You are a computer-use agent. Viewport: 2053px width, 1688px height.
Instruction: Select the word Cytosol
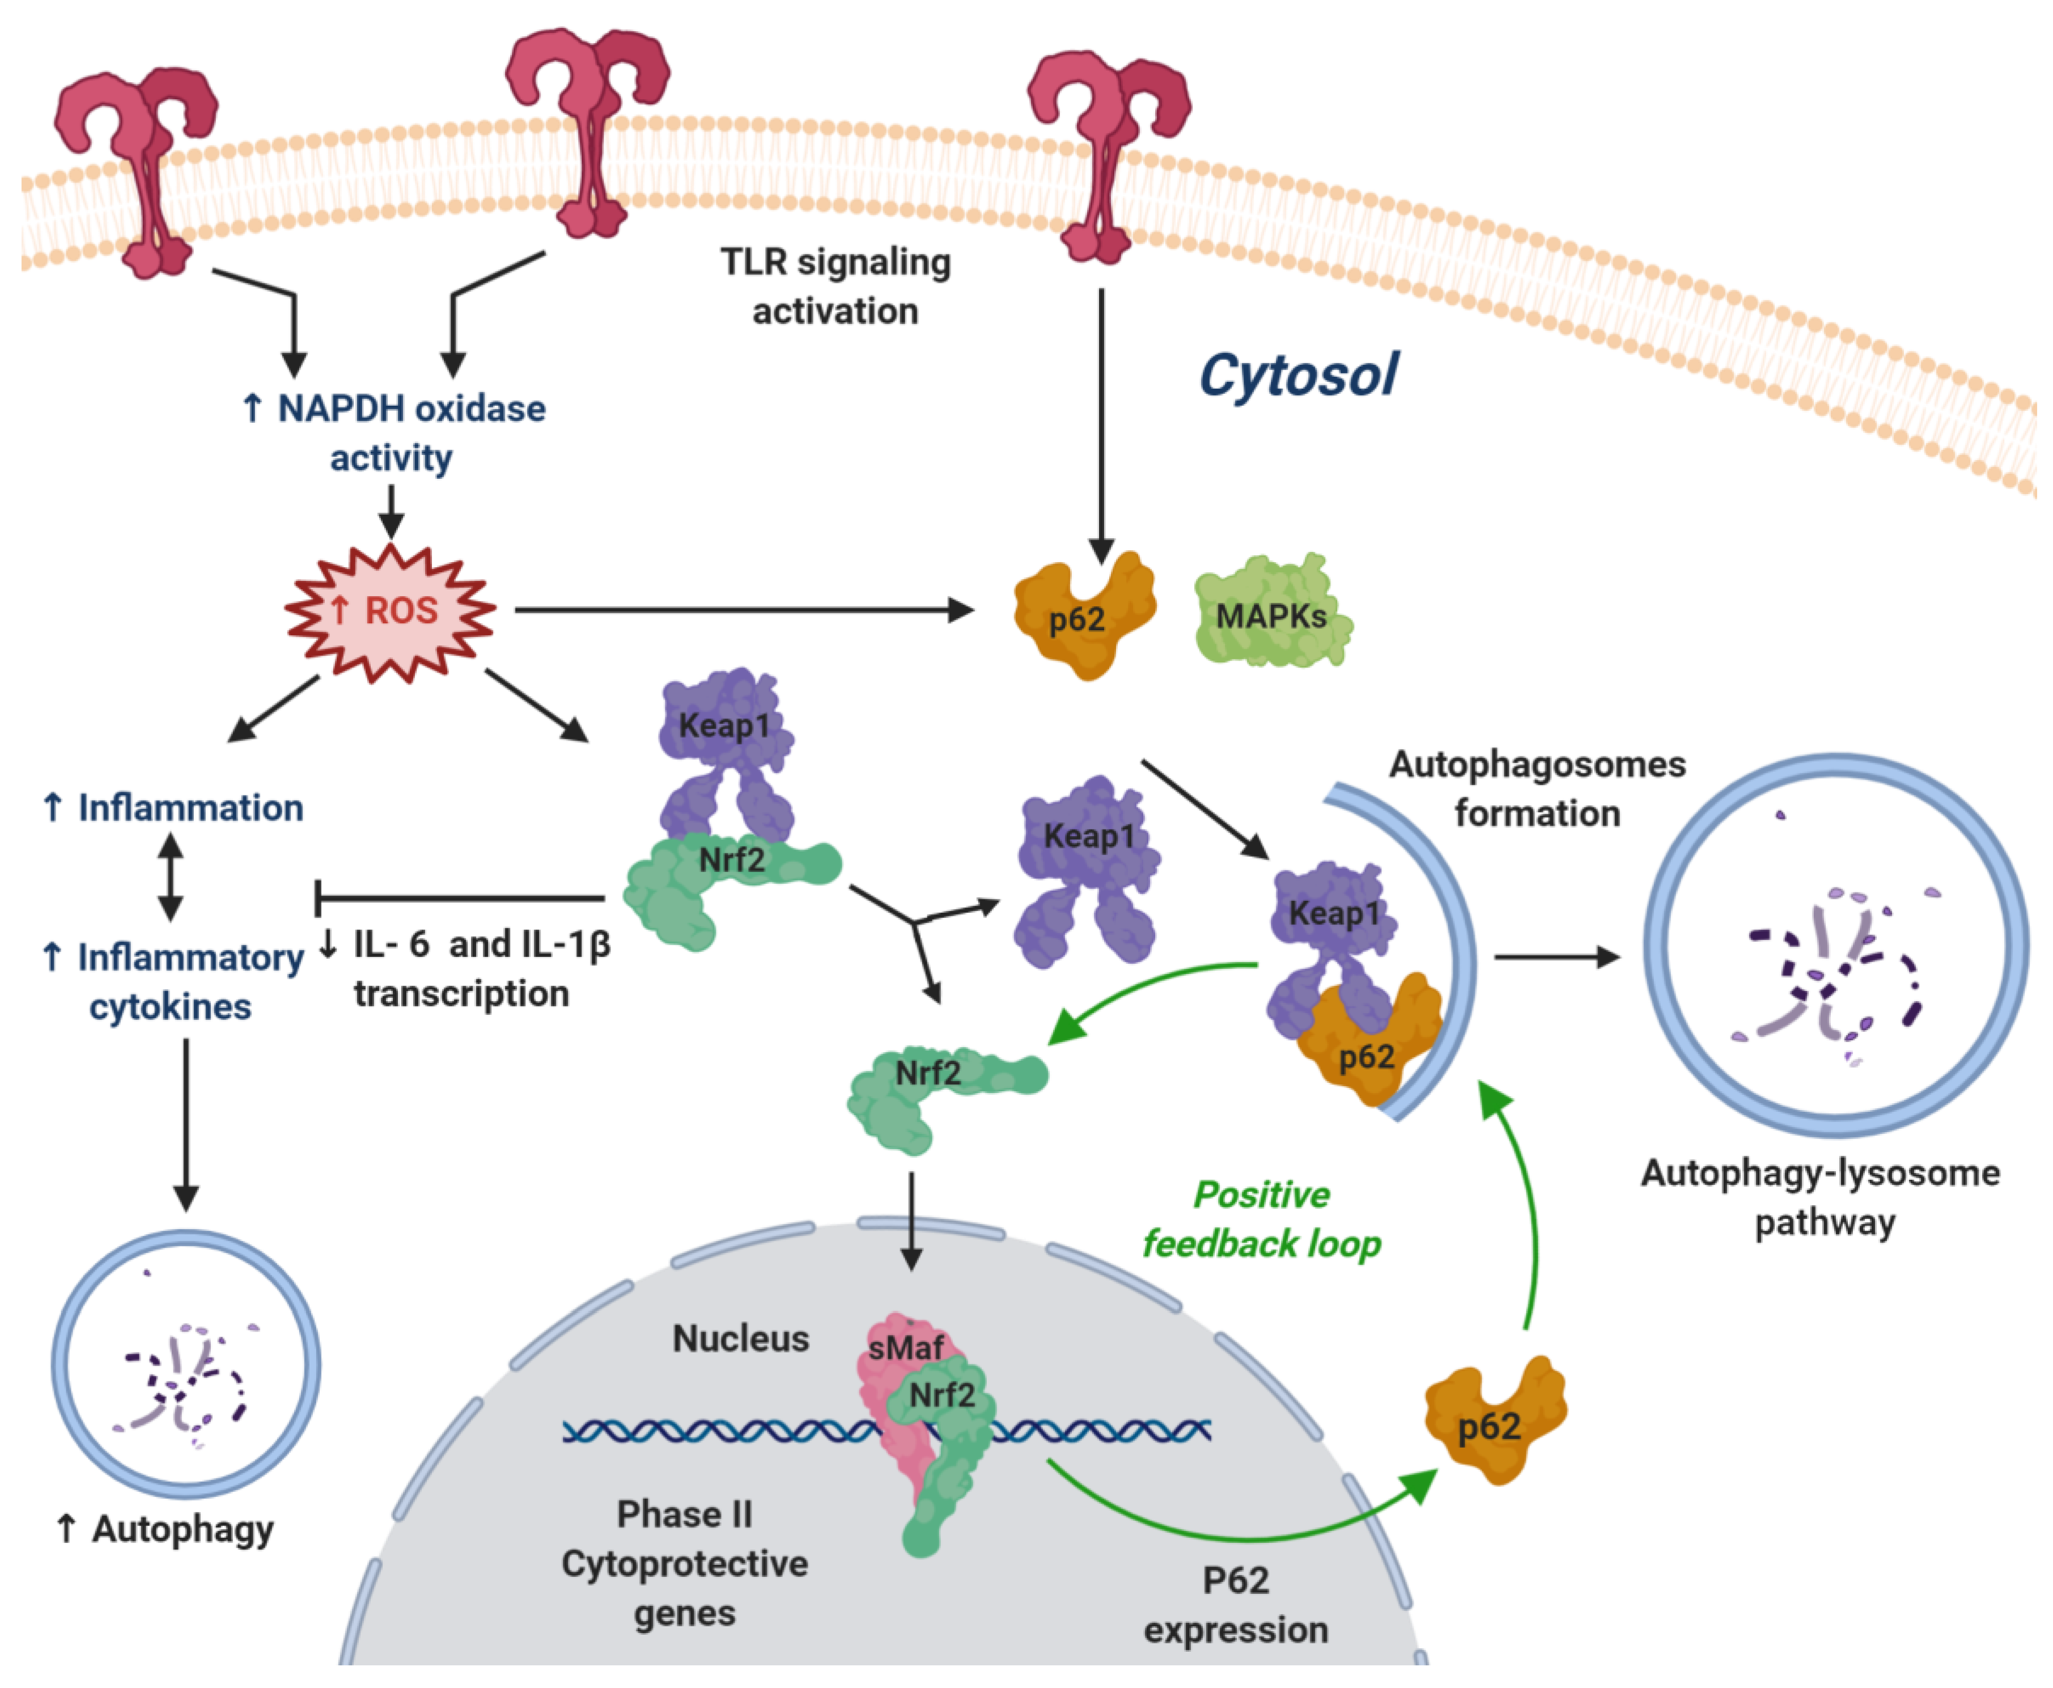coord(1299,375)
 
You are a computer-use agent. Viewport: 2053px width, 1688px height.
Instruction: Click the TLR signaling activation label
coord(835,287)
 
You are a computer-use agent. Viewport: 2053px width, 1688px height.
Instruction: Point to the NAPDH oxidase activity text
coord(393,433)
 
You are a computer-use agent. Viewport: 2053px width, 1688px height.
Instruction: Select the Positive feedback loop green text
coord(1261,1219)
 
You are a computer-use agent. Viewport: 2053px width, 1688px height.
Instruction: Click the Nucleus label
coord(740,1339)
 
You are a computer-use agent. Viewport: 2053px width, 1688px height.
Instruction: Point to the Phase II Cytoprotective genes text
coord(685,1563)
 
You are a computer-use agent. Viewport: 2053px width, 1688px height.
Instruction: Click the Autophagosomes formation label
coord(1537,789)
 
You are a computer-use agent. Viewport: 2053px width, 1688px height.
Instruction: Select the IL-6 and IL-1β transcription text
coord(465,968)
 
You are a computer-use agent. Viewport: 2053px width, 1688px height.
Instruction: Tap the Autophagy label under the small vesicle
coord(166,1529)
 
